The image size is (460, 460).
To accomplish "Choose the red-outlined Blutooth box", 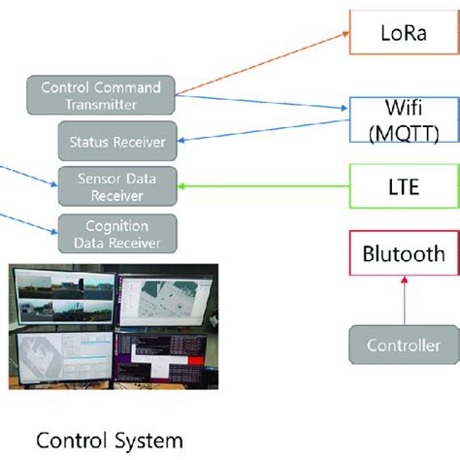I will click(x=403, y=254).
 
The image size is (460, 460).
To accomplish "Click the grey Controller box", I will click(x=404, y=345).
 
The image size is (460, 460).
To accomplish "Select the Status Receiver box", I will click(x=117, y=142).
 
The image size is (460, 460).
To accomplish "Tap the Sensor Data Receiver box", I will click(x=117, y=186).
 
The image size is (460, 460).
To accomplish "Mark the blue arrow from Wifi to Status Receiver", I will click(x=262, y=133).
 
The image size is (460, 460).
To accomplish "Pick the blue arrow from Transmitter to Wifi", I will click(x=262, y=103).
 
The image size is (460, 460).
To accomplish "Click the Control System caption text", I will click(x=109, y=440).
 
